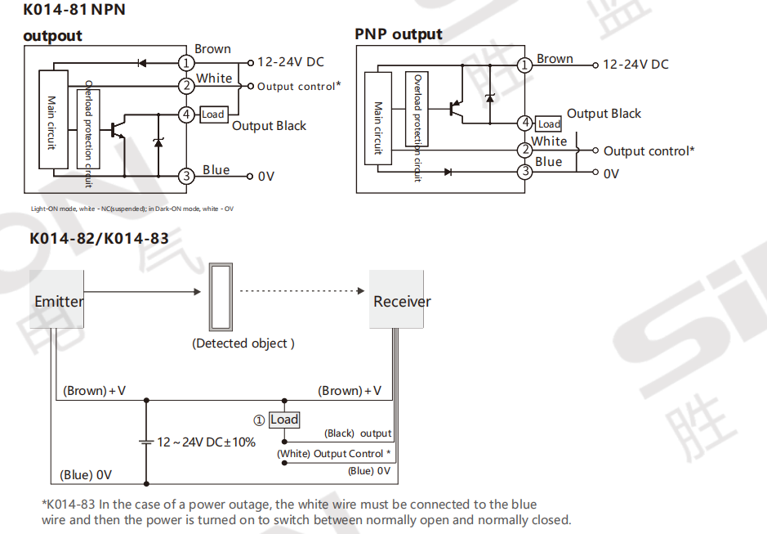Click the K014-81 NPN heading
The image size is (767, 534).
coord(74,11)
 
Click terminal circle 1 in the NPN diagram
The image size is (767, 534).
coord(186,63)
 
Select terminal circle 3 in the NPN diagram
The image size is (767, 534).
coord(186,175)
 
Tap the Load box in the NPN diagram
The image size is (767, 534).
coord(212,114)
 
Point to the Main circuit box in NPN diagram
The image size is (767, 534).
coord(52,120)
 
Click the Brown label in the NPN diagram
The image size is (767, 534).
coord(212,49)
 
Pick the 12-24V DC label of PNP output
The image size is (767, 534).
coord(635,65)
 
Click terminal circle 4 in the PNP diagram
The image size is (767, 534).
coord(526,123)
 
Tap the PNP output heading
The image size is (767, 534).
coord(399,34)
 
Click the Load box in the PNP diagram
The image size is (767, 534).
coord(549,124)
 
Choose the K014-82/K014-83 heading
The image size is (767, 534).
coord(99,239)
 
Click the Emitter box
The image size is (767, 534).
coord(58,301)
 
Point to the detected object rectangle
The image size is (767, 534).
coord(221,295)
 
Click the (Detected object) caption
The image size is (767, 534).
coord(243,343)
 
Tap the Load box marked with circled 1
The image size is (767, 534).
coord(284,420)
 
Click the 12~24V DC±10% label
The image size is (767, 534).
coord(206,442)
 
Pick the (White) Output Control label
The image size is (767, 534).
coord(333,454)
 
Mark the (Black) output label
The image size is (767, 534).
coord(358,433)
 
